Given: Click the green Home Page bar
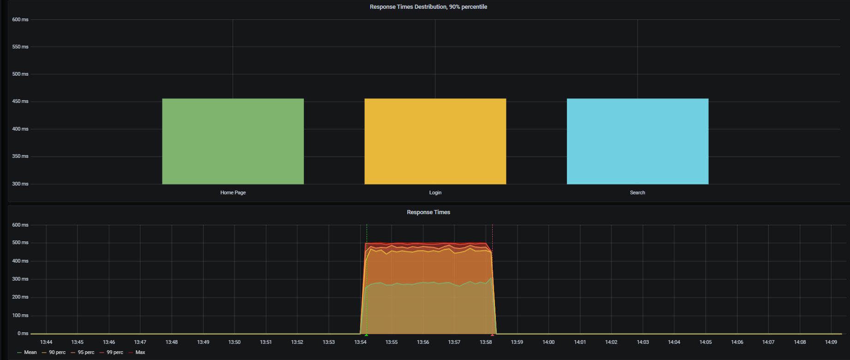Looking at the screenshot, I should point(233,141).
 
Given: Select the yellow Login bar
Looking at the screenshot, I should point(435,141).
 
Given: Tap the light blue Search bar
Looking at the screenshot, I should point(637,141).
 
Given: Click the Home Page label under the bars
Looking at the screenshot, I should point(233,192).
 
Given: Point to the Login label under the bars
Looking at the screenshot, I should point(435,192).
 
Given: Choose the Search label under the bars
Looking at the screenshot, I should point(637,192).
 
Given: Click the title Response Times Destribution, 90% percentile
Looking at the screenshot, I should point(428,7).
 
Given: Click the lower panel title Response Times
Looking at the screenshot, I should point(428,212).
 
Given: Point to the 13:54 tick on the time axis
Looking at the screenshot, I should point(360,342).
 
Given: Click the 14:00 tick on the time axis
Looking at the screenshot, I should point(549,342).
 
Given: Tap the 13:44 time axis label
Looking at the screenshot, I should point(46,342).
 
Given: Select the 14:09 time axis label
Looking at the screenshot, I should point(831,342).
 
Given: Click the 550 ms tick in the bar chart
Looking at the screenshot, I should point(20,47).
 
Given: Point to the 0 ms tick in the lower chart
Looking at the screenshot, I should point(23,333).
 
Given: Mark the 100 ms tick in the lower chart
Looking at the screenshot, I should point(20,315).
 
